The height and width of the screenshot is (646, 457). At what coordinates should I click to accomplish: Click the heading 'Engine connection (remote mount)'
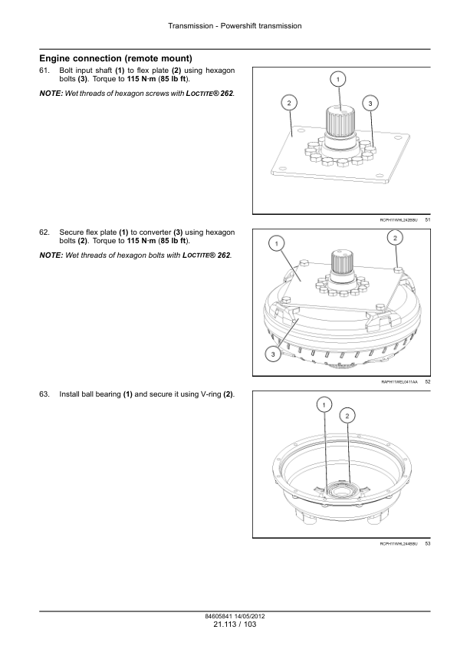pos(116,58)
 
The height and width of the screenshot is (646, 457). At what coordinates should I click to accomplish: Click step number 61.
pos(44,71)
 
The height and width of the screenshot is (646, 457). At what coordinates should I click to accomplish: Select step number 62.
pos(44,232)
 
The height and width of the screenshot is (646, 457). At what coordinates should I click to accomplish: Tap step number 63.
pos(44,394)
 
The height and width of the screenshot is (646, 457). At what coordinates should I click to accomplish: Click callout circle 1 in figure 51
pos(338,79)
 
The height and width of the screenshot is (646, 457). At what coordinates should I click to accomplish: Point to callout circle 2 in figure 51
pos(289,103)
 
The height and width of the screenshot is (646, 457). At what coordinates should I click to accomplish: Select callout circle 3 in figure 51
pos(370,104)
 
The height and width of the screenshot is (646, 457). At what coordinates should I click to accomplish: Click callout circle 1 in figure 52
pos(277,243)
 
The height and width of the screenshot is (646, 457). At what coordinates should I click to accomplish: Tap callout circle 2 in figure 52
pos(395,238)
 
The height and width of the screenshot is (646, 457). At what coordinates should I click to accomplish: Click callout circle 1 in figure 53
pos(324,405)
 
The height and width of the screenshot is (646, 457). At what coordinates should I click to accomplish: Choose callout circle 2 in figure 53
pos(347,416)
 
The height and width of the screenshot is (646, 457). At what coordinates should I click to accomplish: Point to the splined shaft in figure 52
pos(342,263)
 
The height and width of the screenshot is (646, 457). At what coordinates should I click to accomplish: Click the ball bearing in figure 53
pos(340,489)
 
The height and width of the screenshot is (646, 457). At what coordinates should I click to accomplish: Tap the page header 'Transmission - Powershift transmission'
pos(235,26)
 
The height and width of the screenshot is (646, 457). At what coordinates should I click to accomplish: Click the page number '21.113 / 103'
pos(235,625)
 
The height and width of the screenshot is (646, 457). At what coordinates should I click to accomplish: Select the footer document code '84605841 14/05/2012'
pos(235,616)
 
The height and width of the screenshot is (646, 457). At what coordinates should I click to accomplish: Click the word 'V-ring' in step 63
pos(211,394)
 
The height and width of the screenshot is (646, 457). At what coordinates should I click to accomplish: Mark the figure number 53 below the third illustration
pos(428,544)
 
